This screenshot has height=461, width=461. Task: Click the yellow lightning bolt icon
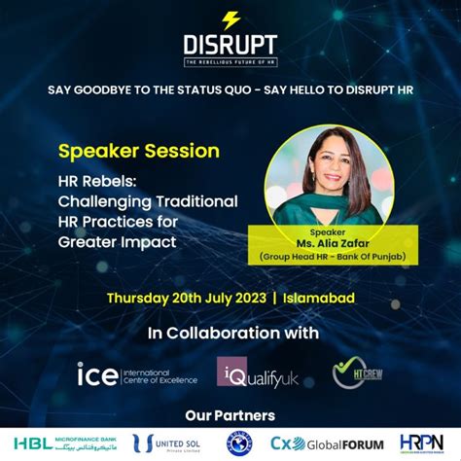[x=230, y=19]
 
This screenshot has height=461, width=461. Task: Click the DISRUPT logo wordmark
[x=230, y=45]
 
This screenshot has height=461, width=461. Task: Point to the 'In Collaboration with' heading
[x=232, y=335]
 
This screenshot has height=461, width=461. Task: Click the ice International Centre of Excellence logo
[x=124, y=374]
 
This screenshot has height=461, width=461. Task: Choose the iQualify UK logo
[x=254, y=372]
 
